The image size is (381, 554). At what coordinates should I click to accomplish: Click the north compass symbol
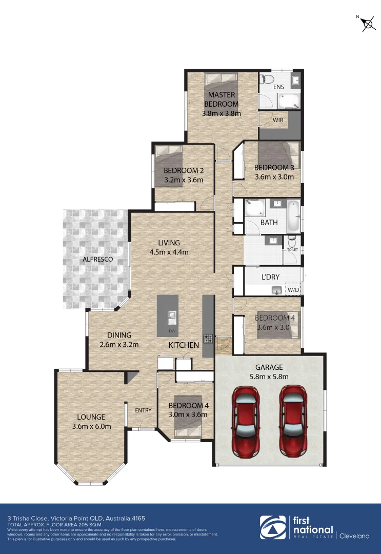click(x=367, y=24)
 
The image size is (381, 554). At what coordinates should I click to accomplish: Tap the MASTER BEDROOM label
click(x=222, y=100)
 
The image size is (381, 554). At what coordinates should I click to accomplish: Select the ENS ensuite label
click(x=278, y=87)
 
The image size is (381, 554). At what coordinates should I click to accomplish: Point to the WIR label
click(x=278, y=120)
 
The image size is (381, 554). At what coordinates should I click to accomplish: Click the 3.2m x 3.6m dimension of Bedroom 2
click(x=184, y=180)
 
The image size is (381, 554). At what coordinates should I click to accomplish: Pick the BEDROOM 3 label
click(x=274, y=168)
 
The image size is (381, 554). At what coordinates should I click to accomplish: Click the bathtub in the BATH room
click(x=293, y=215)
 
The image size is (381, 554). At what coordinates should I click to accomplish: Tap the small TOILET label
click(x=292, y=250)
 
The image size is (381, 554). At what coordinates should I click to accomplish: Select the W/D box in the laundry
click(x=293, y=290)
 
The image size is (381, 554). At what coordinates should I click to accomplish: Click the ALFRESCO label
click(x=97, y=260)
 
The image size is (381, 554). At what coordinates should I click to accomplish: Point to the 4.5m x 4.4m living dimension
click(x=169, y=252)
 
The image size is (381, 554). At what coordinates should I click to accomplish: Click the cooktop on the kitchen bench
click(x=209, y=338)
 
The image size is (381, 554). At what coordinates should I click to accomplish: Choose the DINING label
click(x=119, y=335)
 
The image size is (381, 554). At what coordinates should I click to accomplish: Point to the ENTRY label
click(x=143, y=410)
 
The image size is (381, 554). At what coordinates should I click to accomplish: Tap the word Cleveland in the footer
click(x=354, y=536)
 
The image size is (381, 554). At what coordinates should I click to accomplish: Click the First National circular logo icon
click(x=274, y=528)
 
